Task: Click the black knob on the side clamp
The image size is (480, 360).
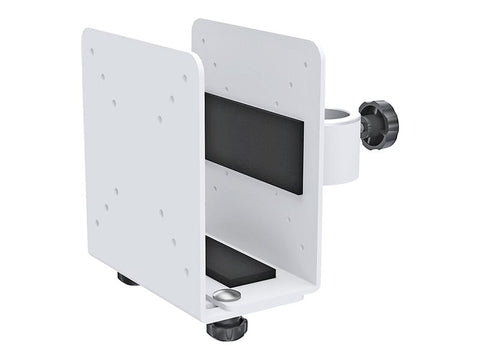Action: pos(380,124)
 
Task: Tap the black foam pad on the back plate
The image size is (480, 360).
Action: pos(254,141)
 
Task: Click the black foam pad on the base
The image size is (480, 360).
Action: pos(239,261)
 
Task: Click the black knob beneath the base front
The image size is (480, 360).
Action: pos(227,329)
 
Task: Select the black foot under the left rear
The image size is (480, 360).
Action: pos(127,279)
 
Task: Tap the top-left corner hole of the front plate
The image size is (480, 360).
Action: pos(92,51)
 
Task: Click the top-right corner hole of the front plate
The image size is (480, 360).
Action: pos(184,78)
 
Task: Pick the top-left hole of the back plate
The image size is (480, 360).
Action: pos(205,41)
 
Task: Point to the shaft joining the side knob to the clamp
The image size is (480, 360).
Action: pos(364,124)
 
